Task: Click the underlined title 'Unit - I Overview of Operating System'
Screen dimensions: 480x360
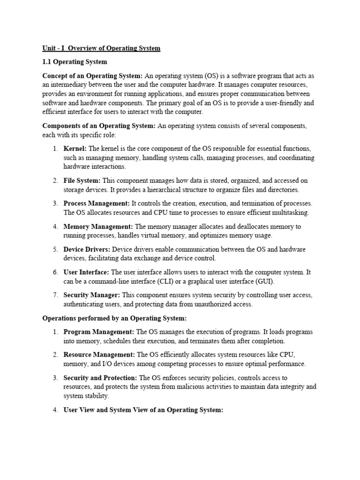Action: (x=101, y=48)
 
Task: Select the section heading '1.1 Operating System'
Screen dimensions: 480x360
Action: (x=75, y=62)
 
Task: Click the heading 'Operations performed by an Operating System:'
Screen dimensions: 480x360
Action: (x=114, y=318)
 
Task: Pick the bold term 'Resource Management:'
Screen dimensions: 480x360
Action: (x=99, y=354)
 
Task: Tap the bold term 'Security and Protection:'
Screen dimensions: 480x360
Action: (x=101, y=377)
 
